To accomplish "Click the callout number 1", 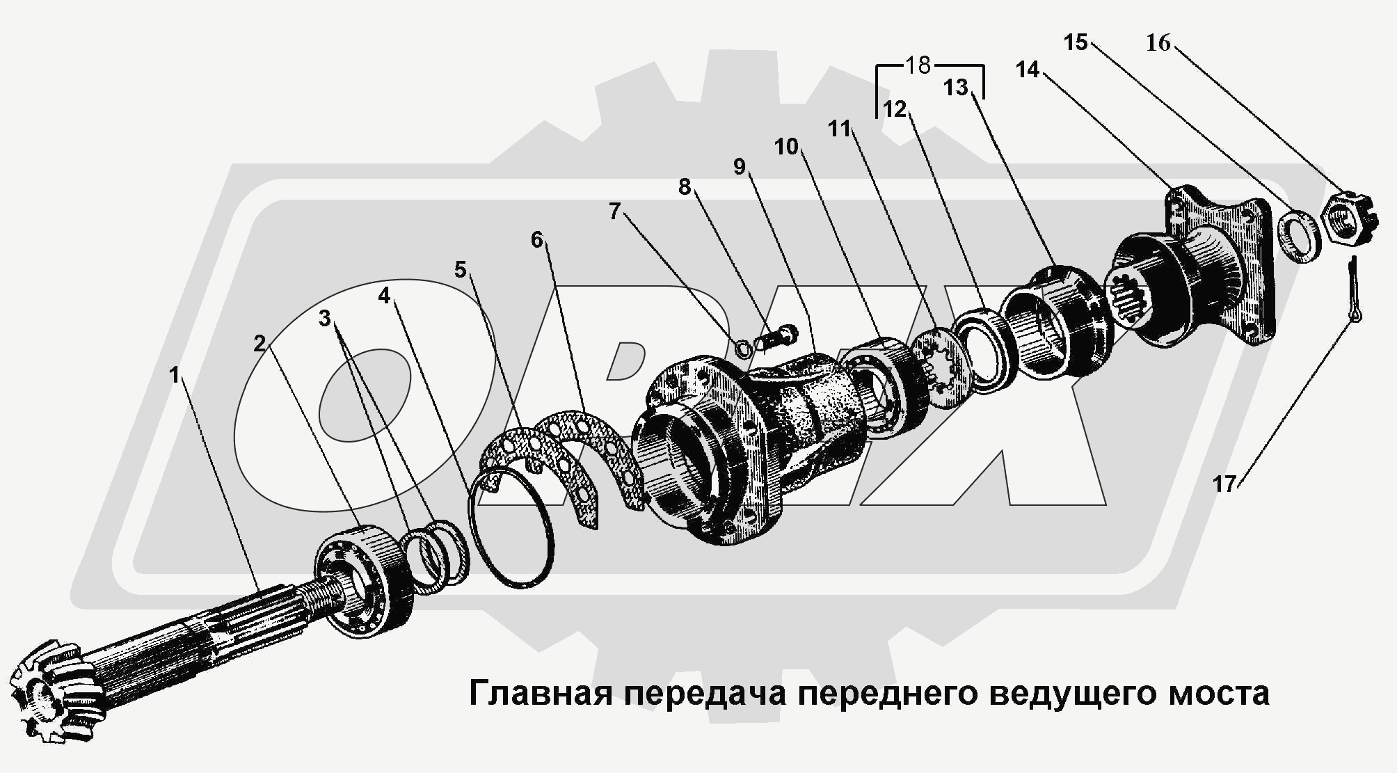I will click(x=174, y=376).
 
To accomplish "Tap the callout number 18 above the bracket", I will click(x=918, y=65).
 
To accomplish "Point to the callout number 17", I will click(x=1224, y=484).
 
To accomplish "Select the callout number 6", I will click(x=536, y=240).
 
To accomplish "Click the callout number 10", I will click(x=787, y=147).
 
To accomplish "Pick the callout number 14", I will click(x=1028, y=70).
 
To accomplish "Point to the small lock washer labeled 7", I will click(x=743, y=346).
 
